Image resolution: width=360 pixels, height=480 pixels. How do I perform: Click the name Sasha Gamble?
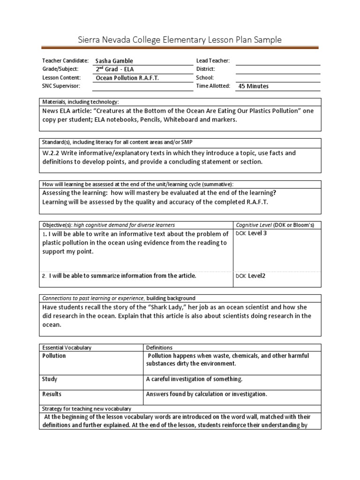pyautogui.click(x=114, y=61)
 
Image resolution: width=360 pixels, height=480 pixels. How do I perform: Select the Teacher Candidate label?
pyautogui.click(x=65, y=61)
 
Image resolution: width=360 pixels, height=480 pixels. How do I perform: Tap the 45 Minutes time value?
pyautogui.click(x=254, y=86)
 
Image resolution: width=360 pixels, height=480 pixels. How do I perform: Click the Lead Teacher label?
pyautogui.click(x=212, y=61)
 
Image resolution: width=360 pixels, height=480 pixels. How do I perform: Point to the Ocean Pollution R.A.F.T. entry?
pyautogui.click(x=127, y=78)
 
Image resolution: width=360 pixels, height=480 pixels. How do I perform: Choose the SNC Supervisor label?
pyautogui.click(x=61, y=86)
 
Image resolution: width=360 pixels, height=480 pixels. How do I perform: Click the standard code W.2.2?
pyautogui.click(x=52, y=153)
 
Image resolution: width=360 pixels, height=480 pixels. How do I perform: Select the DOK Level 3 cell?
pyautogui.click(x=251, y=233)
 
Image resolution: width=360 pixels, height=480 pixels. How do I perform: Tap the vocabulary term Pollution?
pyautogui.click(x=54, y=356)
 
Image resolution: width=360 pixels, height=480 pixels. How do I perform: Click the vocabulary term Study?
pyautogui.click(x=50, y=379)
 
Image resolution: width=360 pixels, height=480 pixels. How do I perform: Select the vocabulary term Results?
pyautogui.click(x=52, y=394)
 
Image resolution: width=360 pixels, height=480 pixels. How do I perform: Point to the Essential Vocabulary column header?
pyautogui.click(x=67, y=348)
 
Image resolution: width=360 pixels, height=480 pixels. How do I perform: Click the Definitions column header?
pyautogui.click(x=159, y=348)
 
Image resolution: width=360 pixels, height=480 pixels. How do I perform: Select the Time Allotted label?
pyautogui.click(x=213, y=86)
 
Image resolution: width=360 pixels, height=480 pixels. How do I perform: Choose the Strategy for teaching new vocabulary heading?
pyautogui.click(x=87, y=409)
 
